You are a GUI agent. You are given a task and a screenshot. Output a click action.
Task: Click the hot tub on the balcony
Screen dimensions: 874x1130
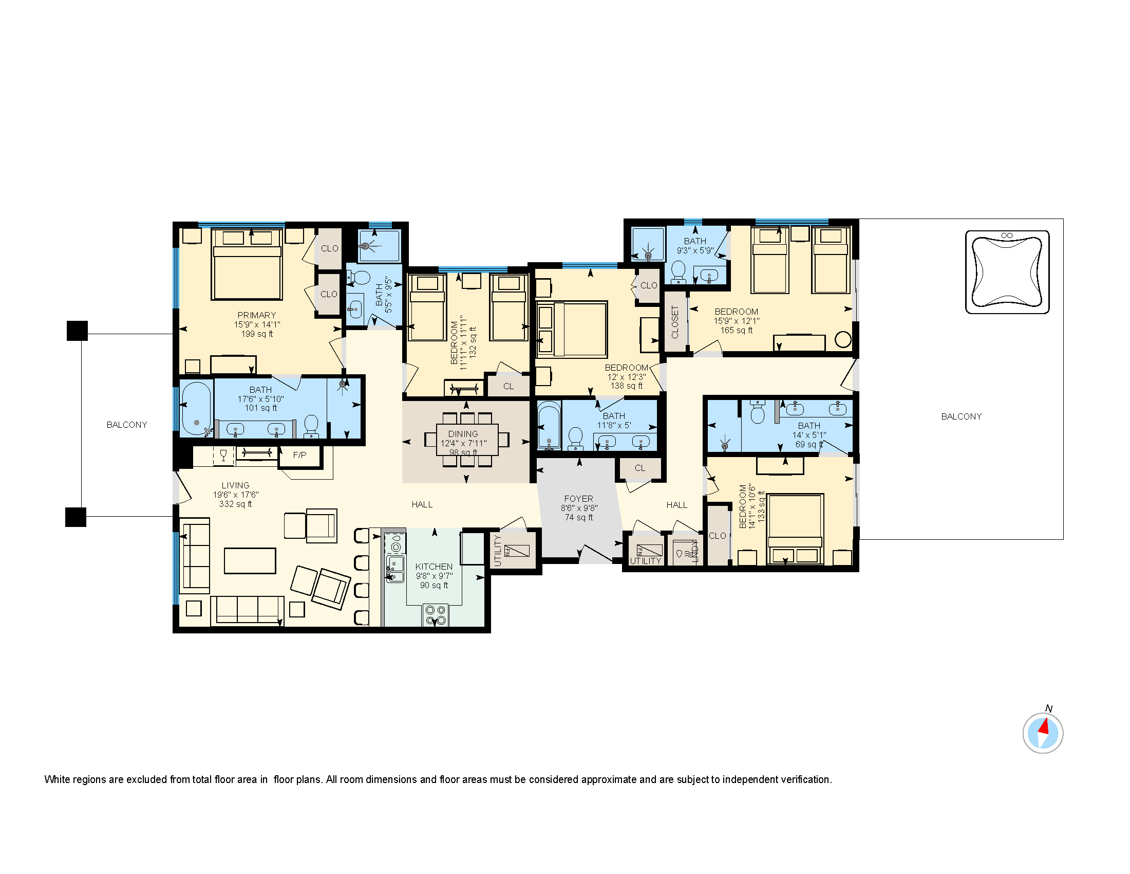[x=1007, y=272]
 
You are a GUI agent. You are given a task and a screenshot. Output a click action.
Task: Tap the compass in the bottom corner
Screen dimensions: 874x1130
[x=1043, y=733]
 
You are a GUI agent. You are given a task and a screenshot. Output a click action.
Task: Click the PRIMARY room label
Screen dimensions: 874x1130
[x=257, y=315]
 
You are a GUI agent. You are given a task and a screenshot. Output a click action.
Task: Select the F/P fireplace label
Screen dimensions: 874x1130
[x=299, y=455]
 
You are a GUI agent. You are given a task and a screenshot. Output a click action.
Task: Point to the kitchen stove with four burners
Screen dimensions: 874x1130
[x=435, y=614]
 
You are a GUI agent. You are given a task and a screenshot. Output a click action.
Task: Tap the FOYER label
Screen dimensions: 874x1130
[x=578, y=499]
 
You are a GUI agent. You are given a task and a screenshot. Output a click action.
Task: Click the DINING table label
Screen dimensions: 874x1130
[x=463, y=434]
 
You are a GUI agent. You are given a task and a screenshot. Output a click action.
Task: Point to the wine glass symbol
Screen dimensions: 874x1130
[x=223, y=456]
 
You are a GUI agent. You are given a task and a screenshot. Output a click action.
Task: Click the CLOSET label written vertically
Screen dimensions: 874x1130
[x=675, y=322]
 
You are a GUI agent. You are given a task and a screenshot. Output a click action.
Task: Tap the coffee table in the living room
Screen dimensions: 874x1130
[x=250, y=561]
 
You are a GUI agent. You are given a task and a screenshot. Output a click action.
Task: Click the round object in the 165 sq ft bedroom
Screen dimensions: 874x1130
[x=843, y=340]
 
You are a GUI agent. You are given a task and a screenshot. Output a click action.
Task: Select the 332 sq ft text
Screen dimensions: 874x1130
[x=235, y=504]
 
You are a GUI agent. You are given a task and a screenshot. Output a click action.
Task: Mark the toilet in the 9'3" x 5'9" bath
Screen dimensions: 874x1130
[x=678, y=271]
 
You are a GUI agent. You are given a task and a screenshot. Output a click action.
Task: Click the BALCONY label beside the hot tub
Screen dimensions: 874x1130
[x=961, y=416]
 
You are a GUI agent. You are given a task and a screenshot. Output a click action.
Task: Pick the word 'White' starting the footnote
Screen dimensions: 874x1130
[x=56, y=779]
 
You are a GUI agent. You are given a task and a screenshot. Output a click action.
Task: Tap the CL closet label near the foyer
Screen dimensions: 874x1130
[x=640, y=468]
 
